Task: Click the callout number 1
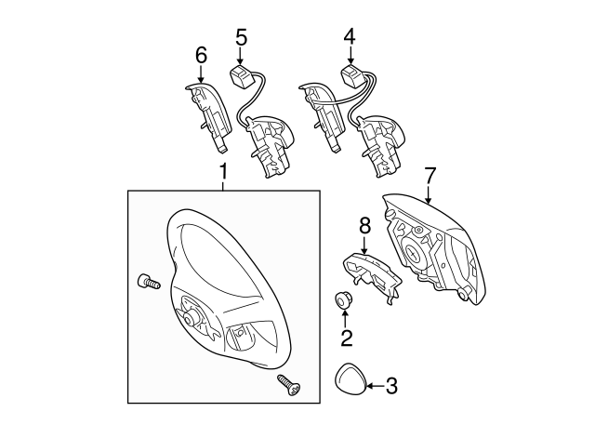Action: pos(223,172)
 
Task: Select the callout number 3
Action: pos(391,384)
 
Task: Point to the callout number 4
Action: pos(350,37)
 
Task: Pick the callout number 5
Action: pos(241,37)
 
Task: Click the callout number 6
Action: pos(201,56)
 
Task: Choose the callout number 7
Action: pos(430,175)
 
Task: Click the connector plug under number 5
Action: pos(244,73)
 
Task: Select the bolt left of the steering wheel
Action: pos(145,282)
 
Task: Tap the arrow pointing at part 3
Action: pos(374,384)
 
